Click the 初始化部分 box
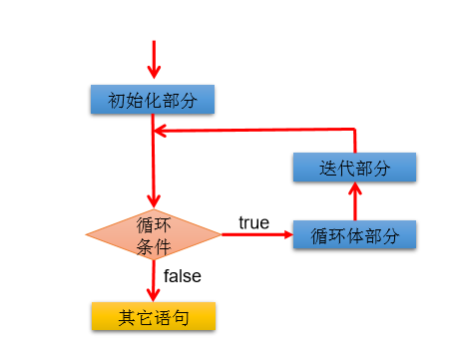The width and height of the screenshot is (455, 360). pos(153,100)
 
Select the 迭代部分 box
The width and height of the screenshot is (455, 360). pos(355,167)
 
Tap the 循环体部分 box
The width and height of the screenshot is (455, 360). pos(355,235)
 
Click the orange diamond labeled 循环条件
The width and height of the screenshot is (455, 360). pos(153,235)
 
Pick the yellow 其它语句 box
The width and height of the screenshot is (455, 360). pos(153,317)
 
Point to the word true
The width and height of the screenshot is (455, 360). pos(253,222)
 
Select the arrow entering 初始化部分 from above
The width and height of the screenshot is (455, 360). pos(153,60)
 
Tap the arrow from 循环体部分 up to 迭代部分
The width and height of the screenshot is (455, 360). pos(355,201)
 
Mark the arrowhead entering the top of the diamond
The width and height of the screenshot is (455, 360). pos(153,201)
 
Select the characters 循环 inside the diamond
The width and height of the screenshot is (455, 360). pos(153,224)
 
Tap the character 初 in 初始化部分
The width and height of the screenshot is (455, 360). pos(117,100)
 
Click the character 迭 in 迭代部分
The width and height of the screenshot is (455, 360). pos(326,167)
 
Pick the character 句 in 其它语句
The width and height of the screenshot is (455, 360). pos(181,317)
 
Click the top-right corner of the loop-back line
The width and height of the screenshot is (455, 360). pos(355,129)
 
